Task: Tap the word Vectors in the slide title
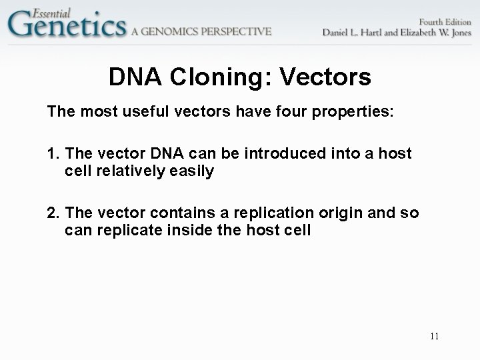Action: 327,78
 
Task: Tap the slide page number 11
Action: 434,336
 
